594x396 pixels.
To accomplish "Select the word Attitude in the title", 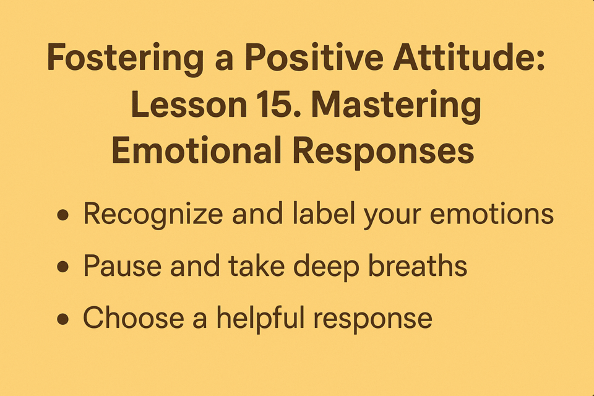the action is pos(468,57).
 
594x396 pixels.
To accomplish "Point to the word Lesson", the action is pos(189,105).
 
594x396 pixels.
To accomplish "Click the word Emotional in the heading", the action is pos(196,150).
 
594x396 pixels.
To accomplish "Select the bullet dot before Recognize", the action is pos(63,215).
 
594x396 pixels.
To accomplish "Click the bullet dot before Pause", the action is pos(63,267).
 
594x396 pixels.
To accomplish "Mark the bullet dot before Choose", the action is pos(63,319).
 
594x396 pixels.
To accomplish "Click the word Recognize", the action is pos(153,215).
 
